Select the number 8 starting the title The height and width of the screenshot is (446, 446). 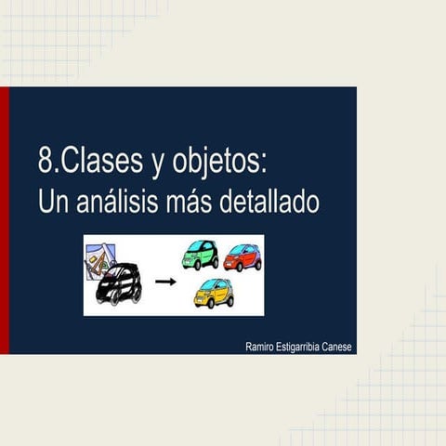point(46,164)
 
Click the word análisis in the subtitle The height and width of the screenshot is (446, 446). point(121,201)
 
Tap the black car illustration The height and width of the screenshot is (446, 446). point(119,283)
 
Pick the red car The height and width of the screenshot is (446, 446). point(243,256)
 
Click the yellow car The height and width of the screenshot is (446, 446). point(214,294)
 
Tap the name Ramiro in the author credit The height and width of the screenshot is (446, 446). point(264,346)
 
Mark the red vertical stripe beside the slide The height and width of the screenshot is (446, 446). point(4,220)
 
